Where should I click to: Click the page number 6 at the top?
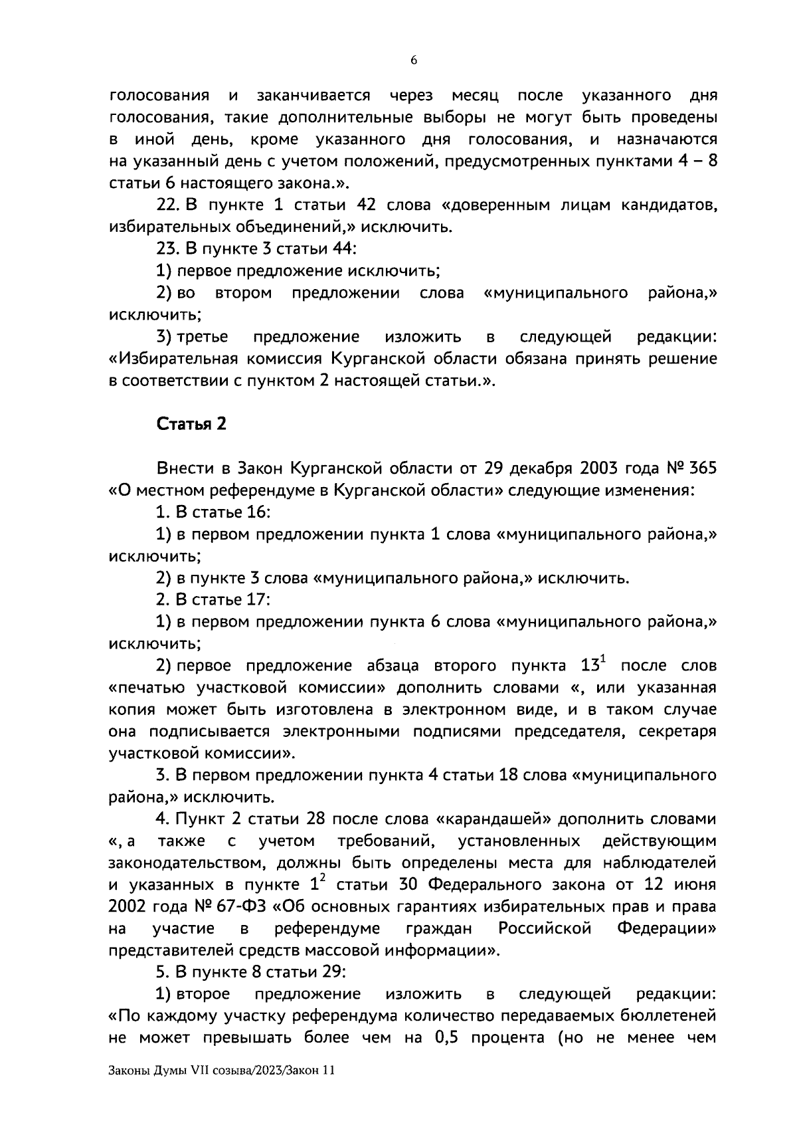pos(414,60)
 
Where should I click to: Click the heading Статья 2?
pos(191,424)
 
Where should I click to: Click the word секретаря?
pos(677,732)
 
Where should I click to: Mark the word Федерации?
pos(667,928)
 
